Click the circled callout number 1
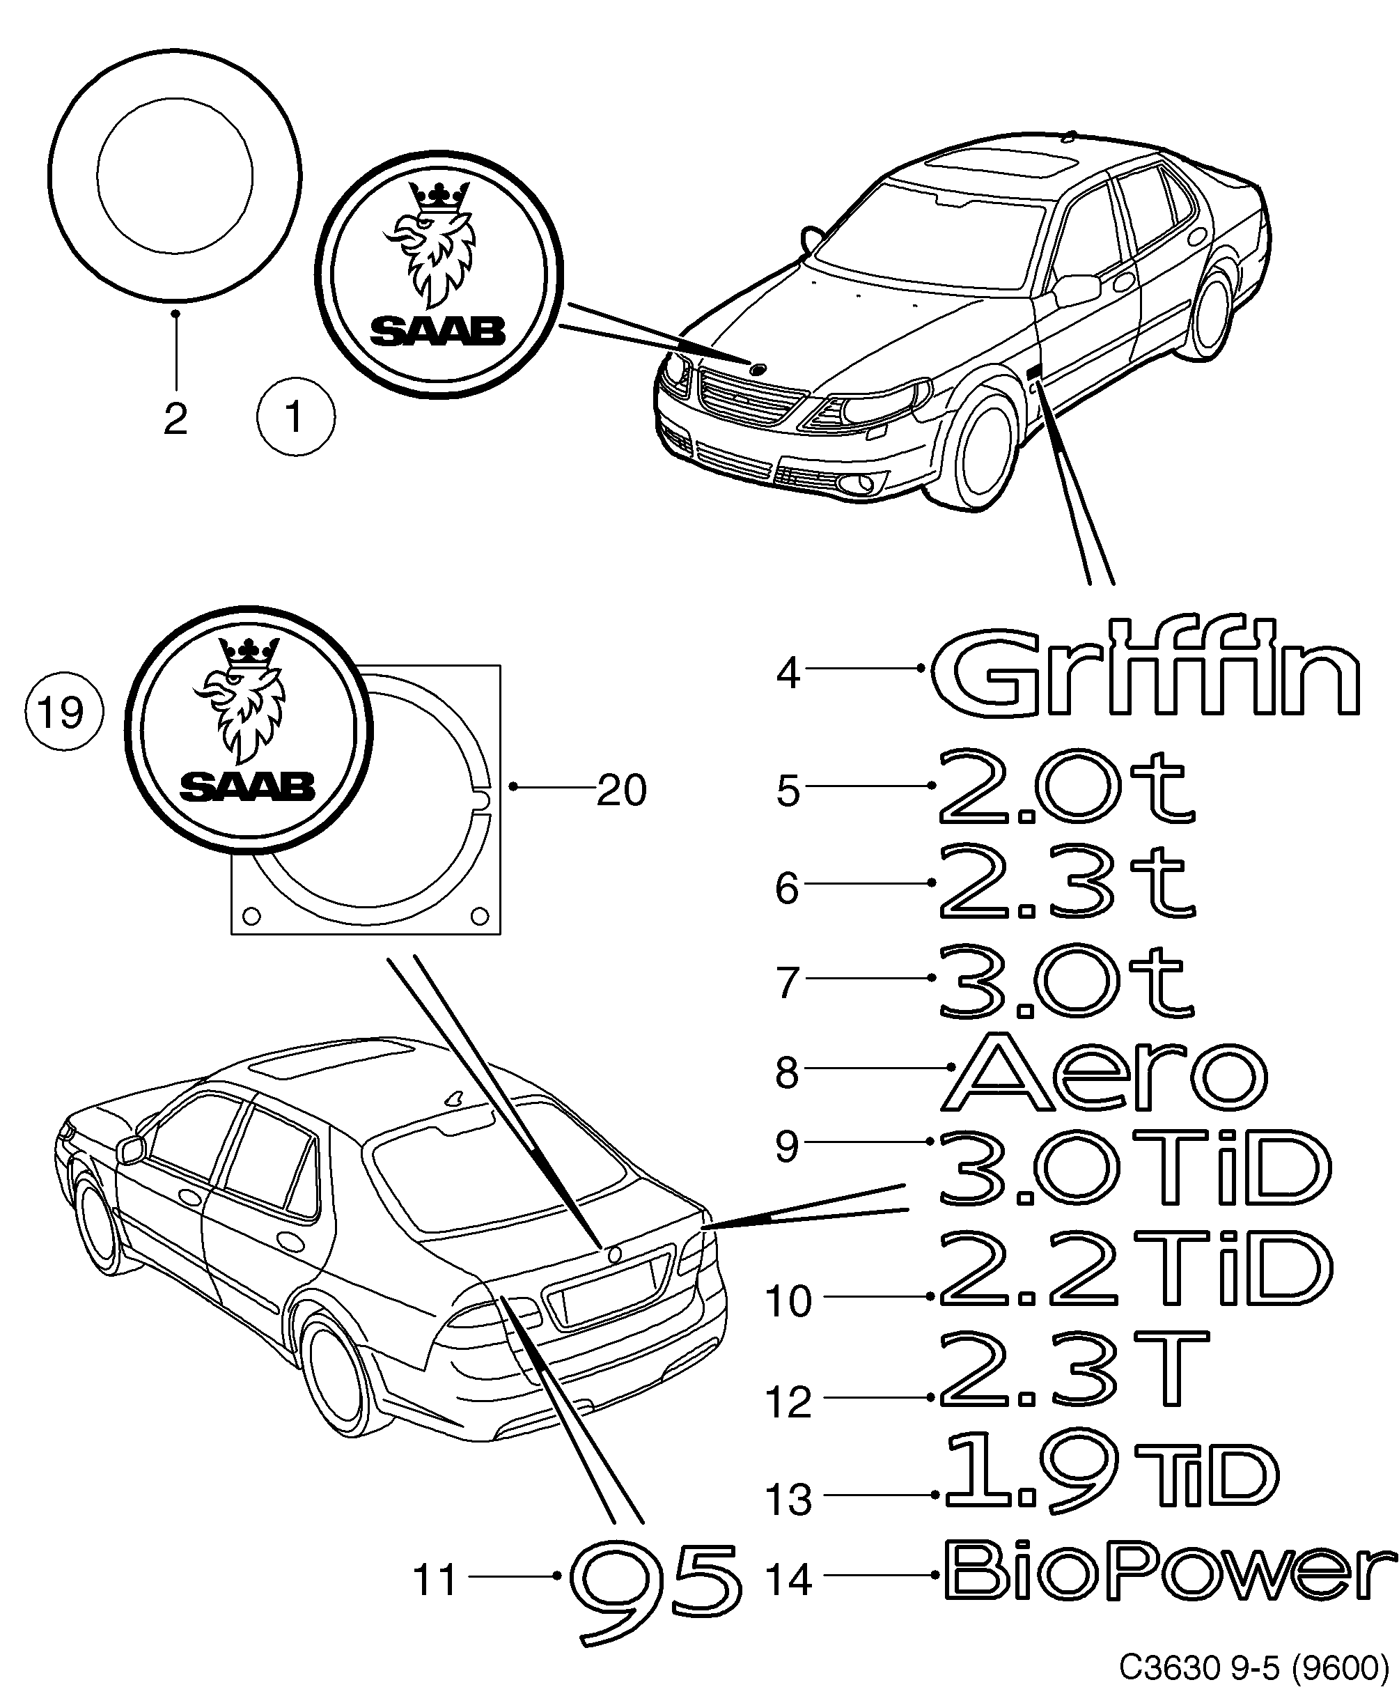coord(295,419)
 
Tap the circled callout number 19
coord(63,712)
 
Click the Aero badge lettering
coord(1104,1075)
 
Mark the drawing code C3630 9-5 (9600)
coord(1253,1666)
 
